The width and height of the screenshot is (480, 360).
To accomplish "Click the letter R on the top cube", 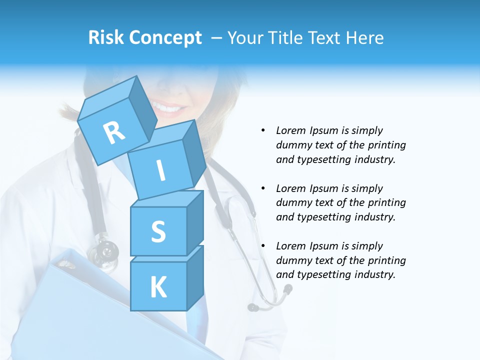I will point(114,132).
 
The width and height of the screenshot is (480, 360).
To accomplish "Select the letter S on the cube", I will point(158,231).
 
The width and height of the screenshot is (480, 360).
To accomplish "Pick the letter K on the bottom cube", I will point(158,287).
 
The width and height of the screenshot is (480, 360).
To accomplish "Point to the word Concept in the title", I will point(165,38).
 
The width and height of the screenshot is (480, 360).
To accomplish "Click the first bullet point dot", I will point(263,130).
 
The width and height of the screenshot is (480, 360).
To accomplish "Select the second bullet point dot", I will point(263,188).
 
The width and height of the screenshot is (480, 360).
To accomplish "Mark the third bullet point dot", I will point(263,246).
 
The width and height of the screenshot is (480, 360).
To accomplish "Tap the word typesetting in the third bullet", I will point(321,274).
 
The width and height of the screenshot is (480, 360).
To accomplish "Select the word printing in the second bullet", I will point(386,202).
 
